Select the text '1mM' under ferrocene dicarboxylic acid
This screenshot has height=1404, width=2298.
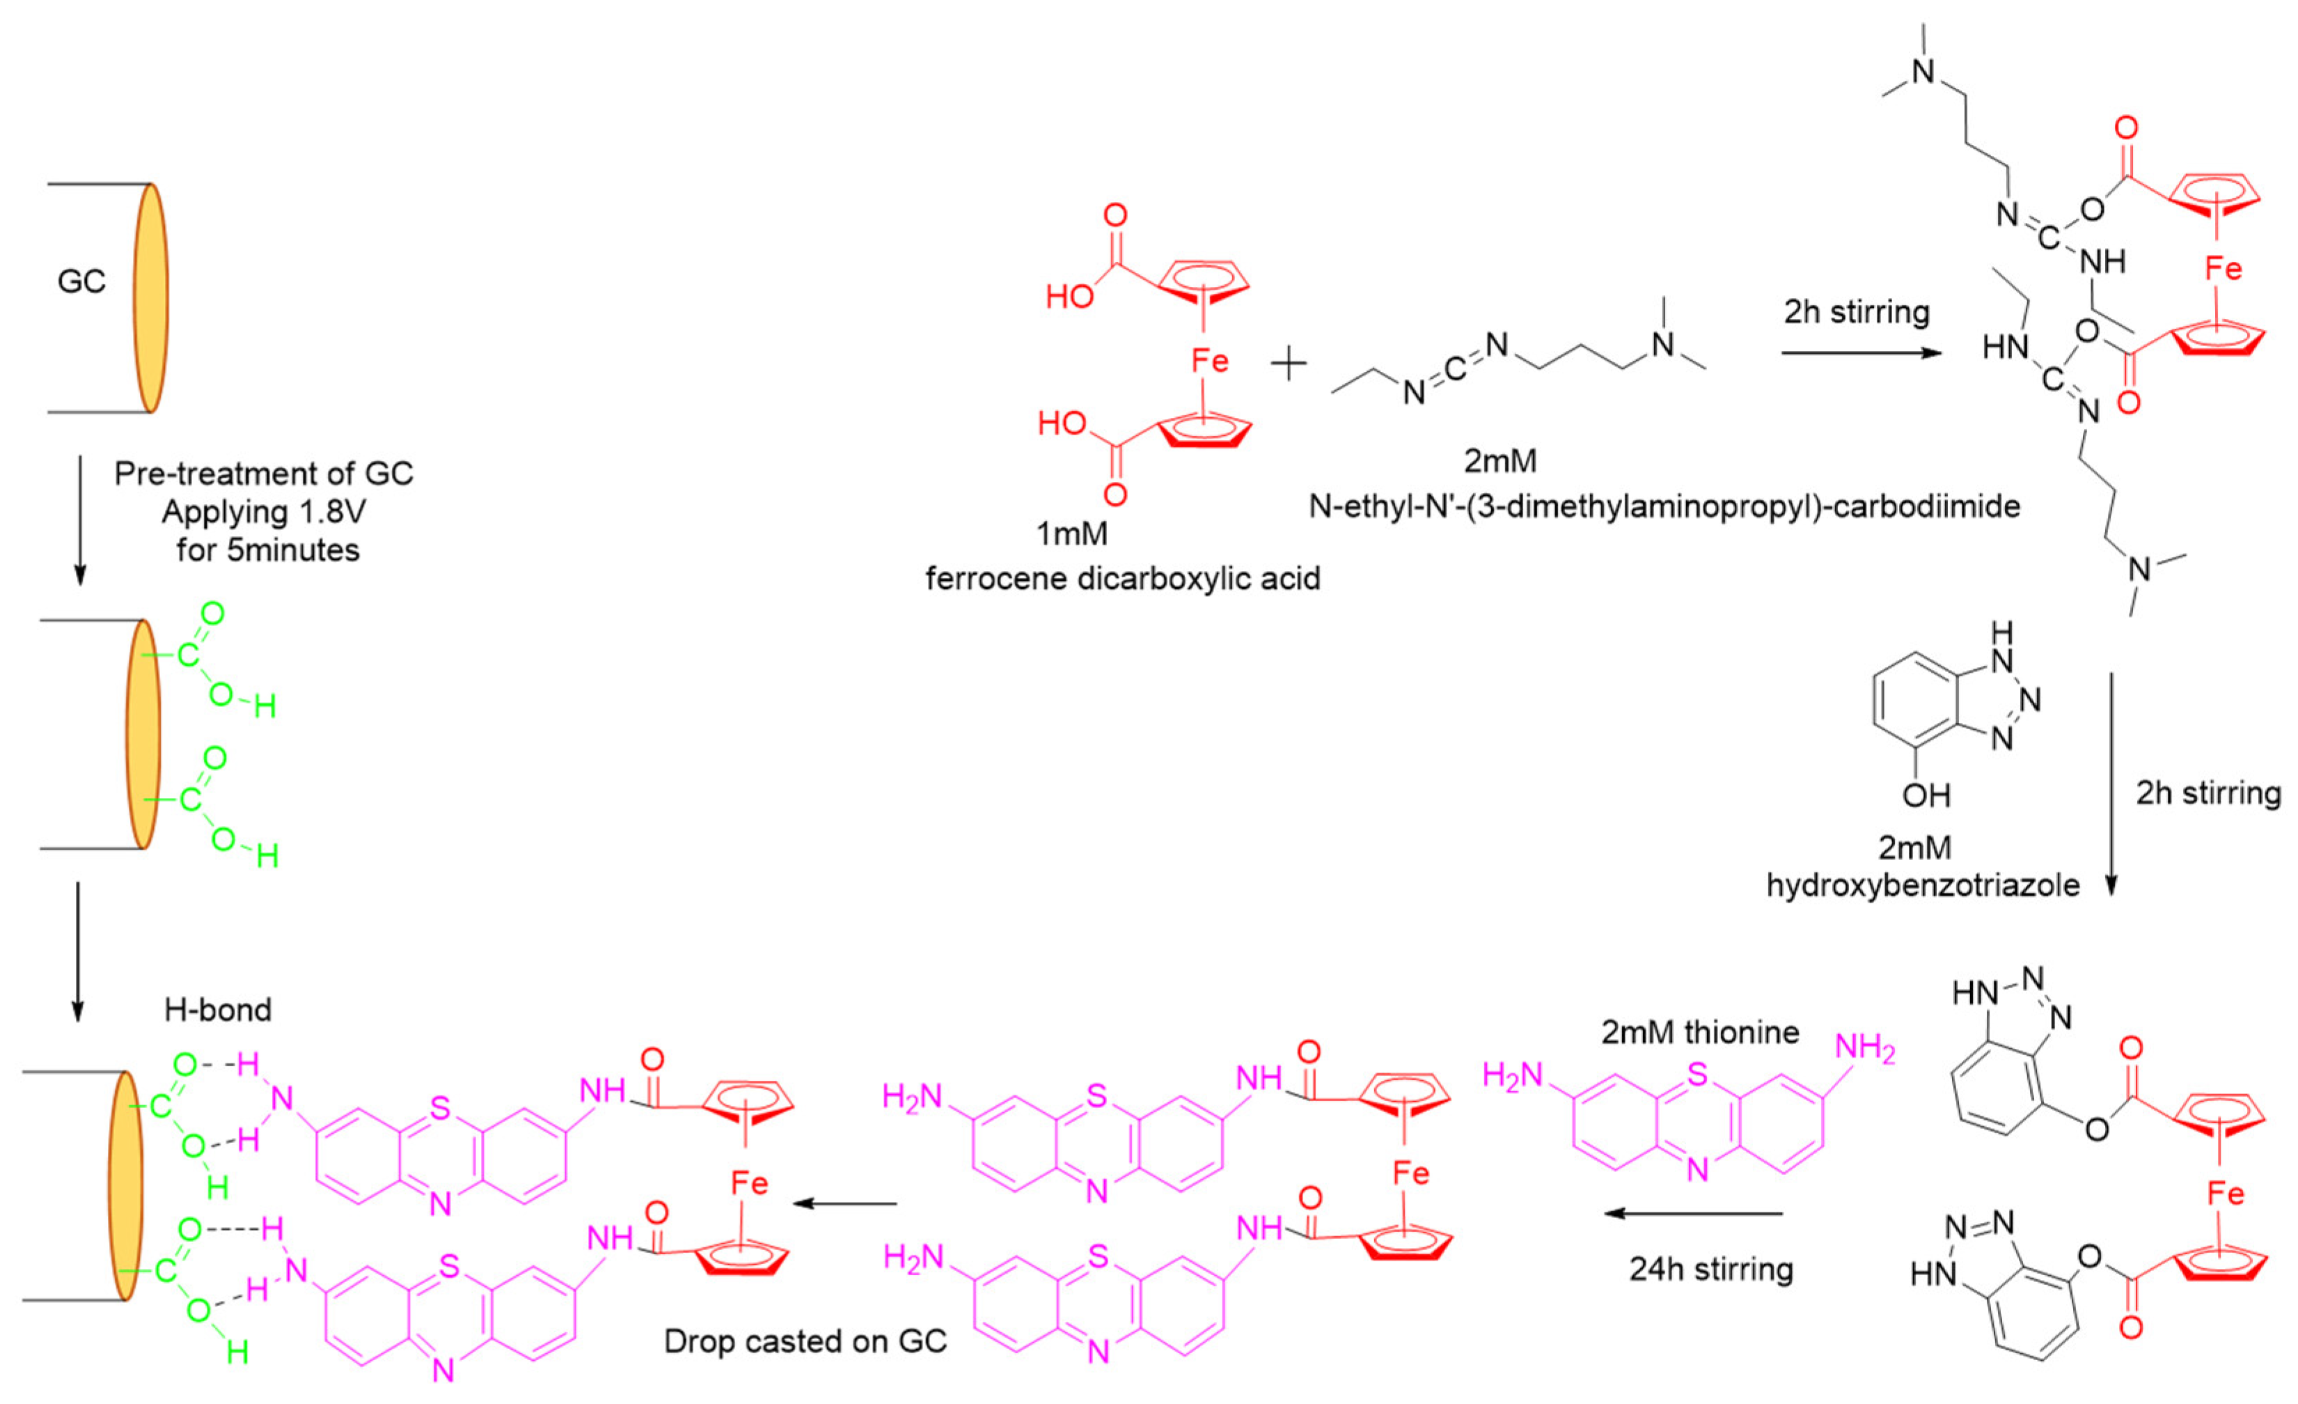pyautogui.click(x=1073, y=533)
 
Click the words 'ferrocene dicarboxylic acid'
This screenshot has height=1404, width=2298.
pyautogui.click(x=1123, y=579)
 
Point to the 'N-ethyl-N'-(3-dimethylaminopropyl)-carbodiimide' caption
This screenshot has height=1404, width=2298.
pyautogui.click(x=1665, y=506)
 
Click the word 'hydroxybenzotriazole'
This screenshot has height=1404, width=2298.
pyautogui.click(x=1923, y=884)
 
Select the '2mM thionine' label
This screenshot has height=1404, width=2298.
pyautogui.click(x=1700, y=1032)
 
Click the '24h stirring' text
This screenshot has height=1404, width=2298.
pyautogui.click(x=1711, y=1269)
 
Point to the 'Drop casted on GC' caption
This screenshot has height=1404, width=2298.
pyautogui.click(x=805, y=1341)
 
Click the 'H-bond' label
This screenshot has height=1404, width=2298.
pyautogui.click(x=218, y=1009)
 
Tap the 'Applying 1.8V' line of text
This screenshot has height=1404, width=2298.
pyautogui.click(x=264, y=511)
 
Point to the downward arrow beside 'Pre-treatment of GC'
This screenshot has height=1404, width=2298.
pyautogui.click(x=79, y=520)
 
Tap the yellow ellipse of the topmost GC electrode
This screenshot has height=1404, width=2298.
pyautogui.click(x=150, y=297)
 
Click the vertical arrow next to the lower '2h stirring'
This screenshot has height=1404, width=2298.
pyautogui.click(x=2112, y=783)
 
